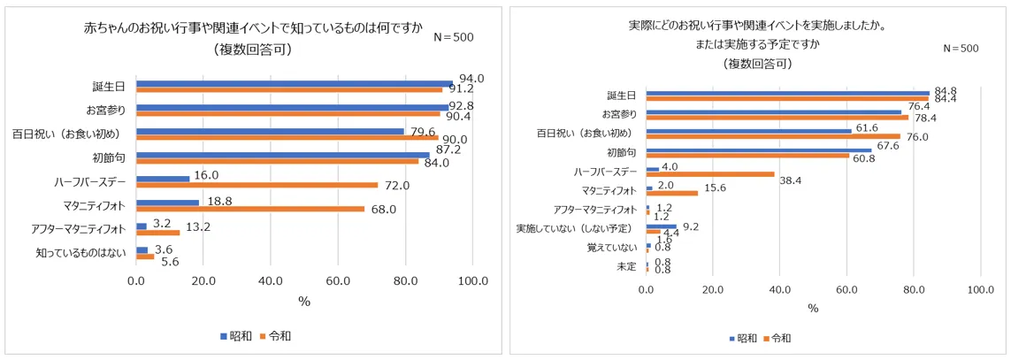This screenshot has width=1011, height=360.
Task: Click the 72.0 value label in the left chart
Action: (x=394, y=186)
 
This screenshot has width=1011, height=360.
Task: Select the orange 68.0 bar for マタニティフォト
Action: (x=250, y=210)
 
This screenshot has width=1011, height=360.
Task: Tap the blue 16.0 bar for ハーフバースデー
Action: (x=163, y=179)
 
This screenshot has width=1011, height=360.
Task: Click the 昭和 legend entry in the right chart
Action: (x=744, y=338)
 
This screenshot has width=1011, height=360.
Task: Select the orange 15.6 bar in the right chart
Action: (x=672, y=193)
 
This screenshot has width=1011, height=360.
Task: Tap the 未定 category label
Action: (x=626, y=266)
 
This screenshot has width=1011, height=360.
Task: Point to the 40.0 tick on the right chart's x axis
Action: (x=780, y=289)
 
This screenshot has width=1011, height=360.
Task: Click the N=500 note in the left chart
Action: (x=455, y=37)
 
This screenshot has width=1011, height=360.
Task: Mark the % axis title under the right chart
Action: (x=813, y=308)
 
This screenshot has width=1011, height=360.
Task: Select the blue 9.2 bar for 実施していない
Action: (x=662, y=226)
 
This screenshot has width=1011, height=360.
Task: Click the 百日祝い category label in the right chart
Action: (x=585, y=133)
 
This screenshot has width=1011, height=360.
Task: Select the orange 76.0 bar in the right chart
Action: (x=773, y=136)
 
